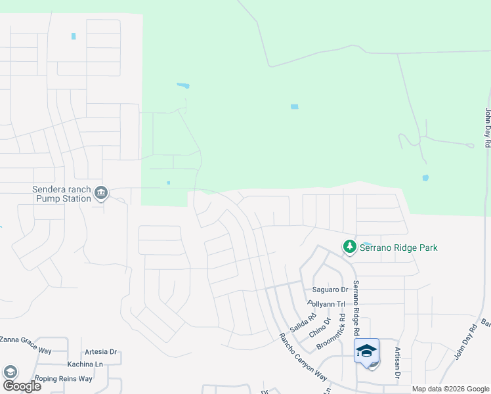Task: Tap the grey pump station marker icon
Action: click(101, 193)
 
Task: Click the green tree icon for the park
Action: click(350, 247)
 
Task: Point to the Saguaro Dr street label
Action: click(330, 290)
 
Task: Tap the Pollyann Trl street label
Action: click(326, 304)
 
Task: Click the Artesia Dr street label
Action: click(100, 352)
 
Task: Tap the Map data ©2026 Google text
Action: click(450, 389)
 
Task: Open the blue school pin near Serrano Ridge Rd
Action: click(367, 352)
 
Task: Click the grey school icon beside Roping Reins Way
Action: click(10, 372)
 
